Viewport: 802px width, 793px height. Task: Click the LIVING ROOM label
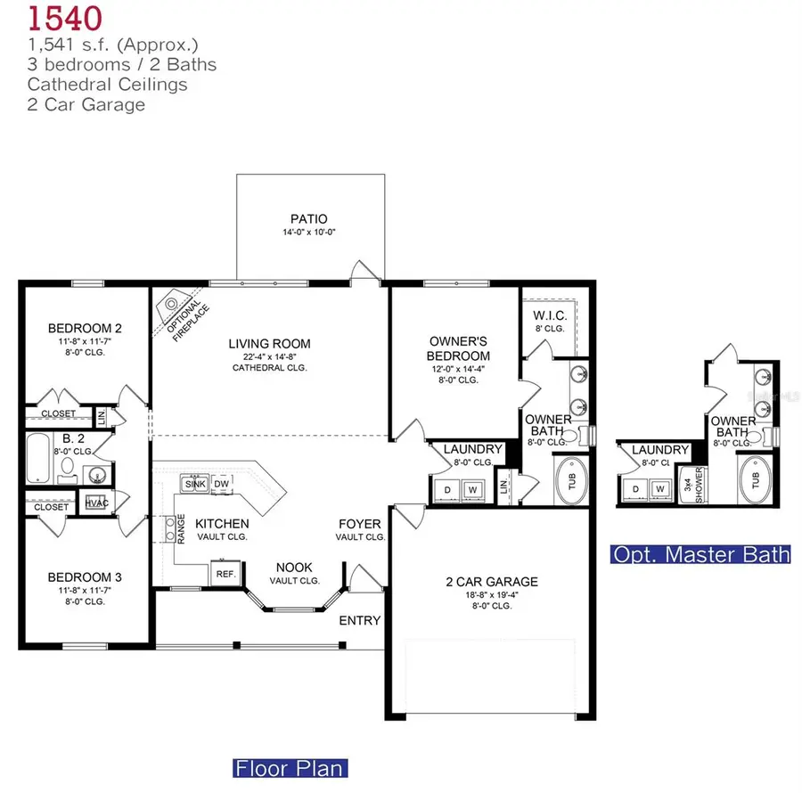pyautogui.click(x=269, y=343)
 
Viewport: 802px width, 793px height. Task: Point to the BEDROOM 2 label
pyautogui.click(x=85, y=328)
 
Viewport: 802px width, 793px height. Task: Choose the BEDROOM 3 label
pyautogui.click(x=85, y=576)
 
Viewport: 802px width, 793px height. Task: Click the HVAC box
pyautogui.click(x=96, y=503)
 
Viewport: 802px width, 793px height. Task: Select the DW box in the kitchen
pyautogui.click(x=222, y=484)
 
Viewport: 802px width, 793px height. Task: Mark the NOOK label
pyautogui.click(x=294, y=567)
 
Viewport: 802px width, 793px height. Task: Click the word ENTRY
pyautogui.click(x=360, y=620)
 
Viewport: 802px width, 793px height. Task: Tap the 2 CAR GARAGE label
pyautogui.click(x=492, y=583)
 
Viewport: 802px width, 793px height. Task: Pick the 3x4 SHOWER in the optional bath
pyautogui.click(x=692, y=486)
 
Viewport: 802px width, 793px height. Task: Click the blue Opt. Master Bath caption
pyautogui.click(x=700, y=554)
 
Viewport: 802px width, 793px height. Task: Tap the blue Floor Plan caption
pyautogui.click(x=290, y=767)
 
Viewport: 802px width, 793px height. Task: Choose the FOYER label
pyautogui.click(x=360, y=524)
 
